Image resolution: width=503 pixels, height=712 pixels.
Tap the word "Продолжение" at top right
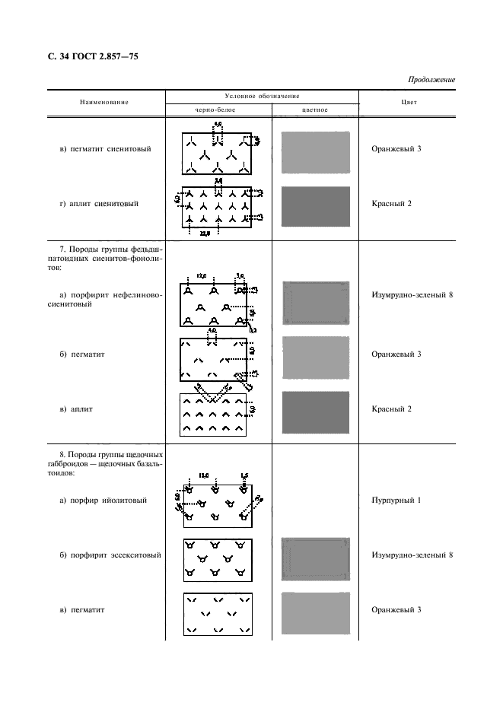tap(431, 79)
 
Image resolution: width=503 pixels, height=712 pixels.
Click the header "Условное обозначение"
tap(262, 96)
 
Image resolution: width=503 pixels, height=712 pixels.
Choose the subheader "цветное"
tap(315, 110)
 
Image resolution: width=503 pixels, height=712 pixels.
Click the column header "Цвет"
tap(408, 102)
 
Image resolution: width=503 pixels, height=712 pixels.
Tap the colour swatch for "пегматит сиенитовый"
tap(315, 152)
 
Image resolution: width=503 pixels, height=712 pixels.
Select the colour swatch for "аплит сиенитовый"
tap(315, 206)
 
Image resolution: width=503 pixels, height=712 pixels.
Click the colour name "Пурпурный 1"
tap(396, 501)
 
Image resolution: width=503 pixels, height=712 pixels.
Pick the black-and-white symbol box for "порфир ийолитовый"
tap(218, 506)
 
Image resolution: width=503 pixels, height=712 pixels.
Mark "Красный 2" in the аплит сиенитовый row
tap(391, 204)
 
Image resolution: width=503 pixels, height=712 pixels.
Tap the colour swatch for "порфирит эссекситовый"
tap(315, 559)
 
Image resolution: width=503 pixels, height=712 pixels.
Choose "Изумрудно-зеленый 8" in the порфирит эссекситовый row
tap(412, 555)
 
